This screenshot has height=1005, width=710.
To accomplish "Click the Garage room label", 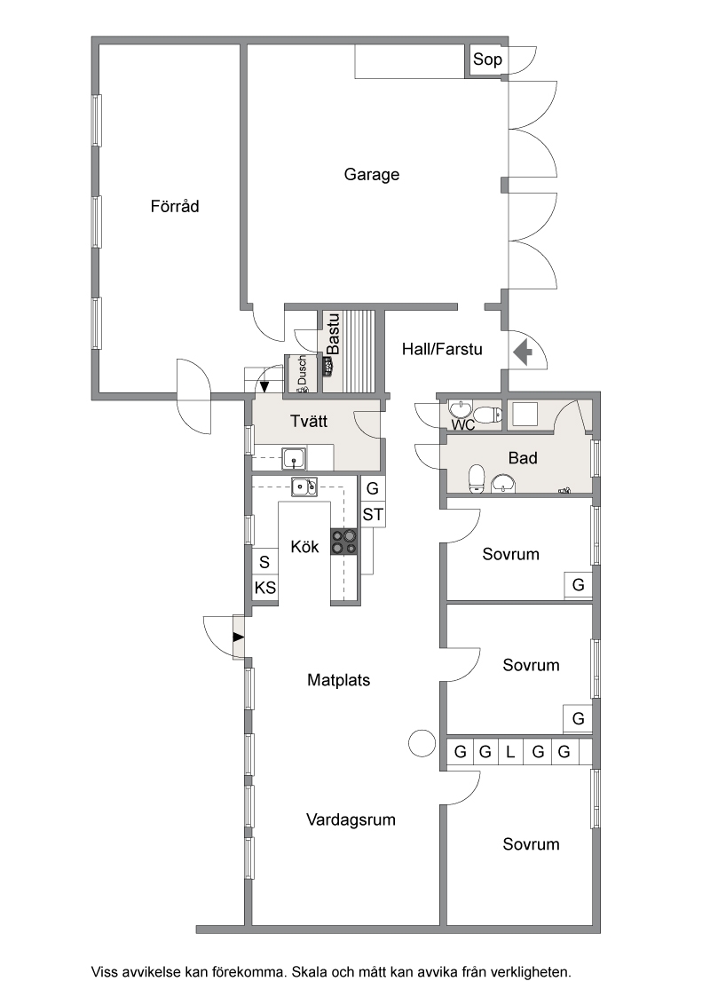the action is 372,174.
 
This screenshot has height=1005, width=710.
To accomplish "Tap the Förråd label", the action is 175,206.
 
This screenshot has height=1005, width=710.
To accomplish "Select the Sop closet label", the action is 487,59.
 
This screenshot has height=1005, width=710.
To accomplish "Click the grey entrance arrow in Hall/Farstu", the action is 523,352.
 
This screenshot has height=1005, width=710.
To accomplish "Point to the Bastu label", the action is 333,334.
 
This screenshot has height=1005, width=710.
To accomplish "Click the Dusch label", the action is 302,371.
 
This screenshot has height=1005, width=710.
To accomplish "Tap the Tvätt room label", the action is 309,421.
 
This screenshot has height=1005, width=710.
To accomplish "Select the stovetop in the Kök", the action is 344,542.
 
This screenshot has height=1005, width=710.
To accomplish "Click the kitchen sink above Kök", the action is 304,487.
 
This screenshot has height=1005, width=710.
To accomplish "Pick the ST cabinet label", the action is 373,515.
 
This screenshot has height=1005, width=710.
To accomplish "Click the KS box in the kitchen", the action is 265,588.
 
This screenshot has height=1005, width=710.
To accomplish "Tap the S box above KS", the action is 264,562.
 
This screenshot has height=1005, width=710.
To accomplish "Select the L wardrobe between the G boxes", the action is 510,752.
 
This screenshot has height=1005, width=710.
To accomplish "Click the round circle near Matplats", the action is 422,743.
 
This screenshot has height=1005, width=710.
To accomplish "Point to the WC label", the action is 463,425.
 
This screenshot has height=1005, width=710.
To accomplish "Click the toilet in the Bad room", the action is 477,479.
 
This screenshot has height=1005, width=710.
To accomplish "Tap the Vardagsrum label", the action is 351,819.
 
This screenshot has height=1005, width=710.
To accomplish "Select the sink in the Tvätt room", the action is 294,459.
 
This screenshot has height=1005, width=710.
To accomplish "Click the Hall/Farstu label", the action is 442,349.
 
